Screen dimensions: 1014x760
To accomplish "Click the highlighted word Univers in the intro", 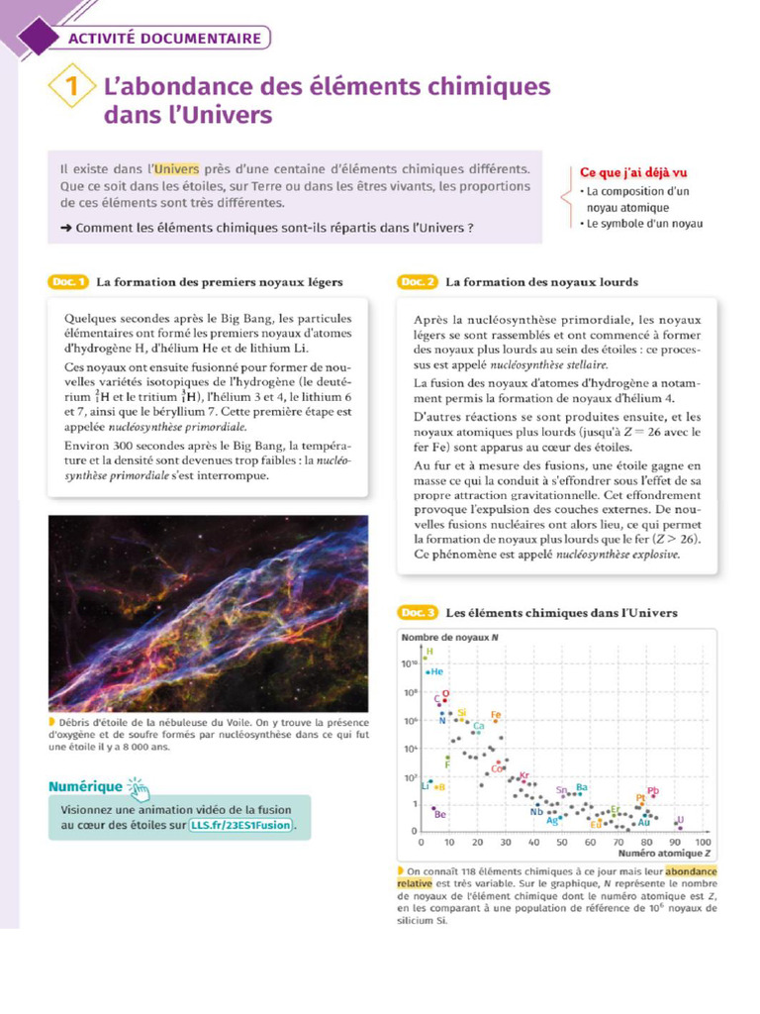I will pyautogui.click(x=177, y=168).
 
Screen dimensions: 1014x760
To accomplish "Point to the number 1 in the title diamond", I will pyautogui.click(x=74, y=86).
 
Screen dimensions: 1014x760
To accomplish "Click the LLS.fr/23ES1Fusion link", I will pyautogui.click(x=242, y=825).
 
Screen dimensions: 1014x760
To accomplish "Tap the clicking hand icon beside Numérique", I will pyautogui.click(x=139, y=789).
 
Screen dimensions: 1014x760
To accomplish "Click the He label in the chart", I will pyautogui.click(x=436, y=671).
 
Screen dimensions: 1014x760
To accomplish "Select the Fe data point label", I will pyautogui.click(x=497, y=714).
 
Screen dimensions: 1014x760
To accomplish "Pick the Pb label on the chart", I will pyautogui.click(x=653, y=790).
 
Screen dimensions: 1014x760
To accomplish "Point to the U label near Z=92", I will pyautogui.click(x=681, y=819).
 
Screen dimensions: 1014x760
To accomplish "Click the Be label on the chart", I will pyautogui.click(x=440, y=815).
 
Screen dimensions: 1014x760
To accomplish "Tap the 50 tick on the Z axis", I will pyautogui.click(x=562, y=843).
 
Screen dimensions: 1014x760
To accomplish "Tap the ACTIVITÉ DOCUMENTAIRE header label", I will pyautogui.click(x=165, y=39).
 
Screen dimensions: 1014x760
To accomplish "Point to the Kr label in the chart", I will pyautogui.click(x=524, y=775).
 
